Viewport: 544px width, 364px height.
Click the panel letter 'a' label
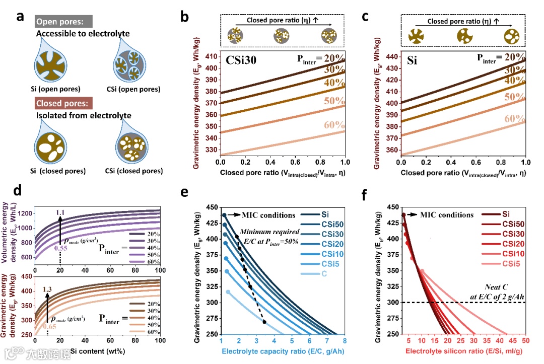point(21,16)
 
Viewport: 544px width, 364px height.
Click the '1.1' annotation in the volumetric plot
point(60,213)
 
